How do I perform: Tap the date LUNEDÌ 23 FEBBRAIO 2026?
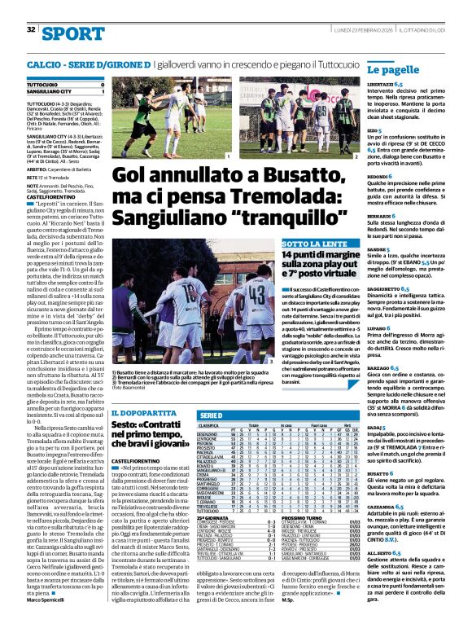pyautogui.click(x=365, y=29)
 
